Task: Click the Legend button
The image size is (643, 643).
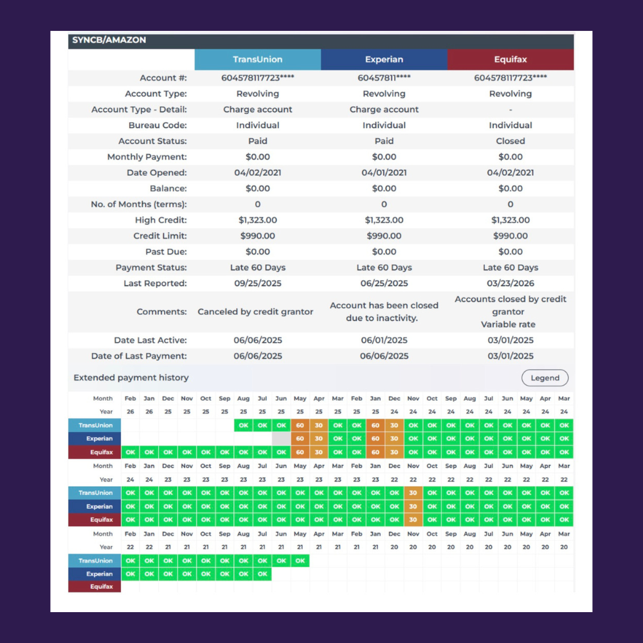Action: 545,377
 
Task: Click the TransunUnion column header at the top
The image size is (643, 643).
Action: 258,59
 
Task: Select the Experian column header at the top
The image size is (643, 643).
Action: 384,59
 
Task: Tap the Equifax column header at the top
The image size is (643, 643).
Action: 511,59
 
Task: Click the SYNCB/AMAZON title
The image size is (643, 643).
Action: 109,40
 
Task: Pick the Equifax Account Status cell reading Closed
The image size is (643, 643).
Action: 510,141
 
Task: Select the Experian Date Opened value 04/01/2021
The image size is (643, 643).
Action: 384,172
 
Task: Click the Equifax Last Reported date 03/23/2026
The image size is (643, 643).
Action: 510,284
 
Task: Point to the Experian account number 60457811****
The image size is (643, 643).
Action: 384,78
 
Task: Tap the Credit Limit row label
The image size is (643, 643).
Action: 160,236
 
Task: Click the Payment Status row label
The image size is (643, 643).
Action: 151,267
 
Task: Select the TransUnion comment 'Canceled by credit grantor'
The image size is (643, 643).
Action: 255,312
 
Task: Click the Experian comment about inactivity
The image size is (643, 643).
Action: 384,312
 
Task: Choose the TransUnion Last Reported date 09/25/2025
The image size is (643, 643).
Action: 258,284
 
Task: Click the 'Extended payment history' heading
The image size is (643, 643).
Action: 131,377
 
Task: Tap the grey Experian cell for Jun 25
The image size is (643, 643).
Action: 281,439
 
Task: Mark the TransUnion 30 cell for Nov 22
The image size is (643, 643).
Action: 413,493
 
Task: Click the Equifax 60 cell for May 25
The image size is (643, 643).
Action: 300,452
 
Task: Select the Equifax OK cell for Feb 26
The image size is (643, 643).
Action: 131,452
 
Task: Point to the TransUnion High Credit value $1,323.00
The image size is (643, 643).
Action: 258,220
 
